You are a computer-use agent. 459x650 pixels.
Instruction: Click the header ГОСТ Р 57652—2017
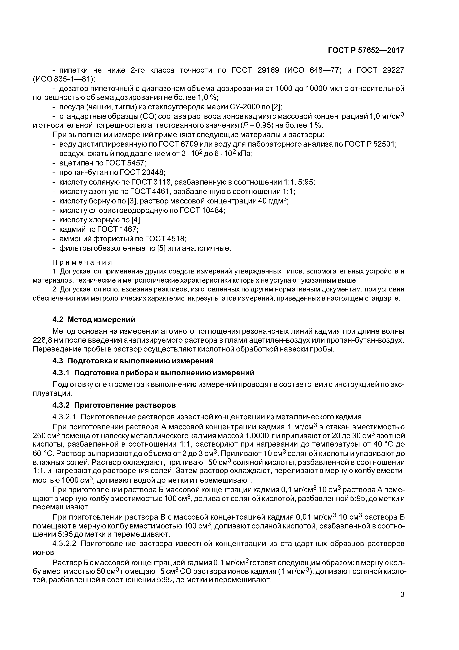pyautogui.click(x=366, y=50)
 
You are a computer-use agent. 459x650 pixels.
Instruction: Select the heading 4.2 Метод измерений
pyautogui.click(x=94, y=319)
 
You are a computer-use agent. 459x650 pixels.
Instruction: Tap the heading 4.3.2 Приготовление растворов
pyautogui.click(x=114, y=405)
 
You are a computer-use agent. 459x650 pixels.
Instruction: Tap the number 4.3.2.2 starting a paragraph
pyautogui.click(x=64, y=544)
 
